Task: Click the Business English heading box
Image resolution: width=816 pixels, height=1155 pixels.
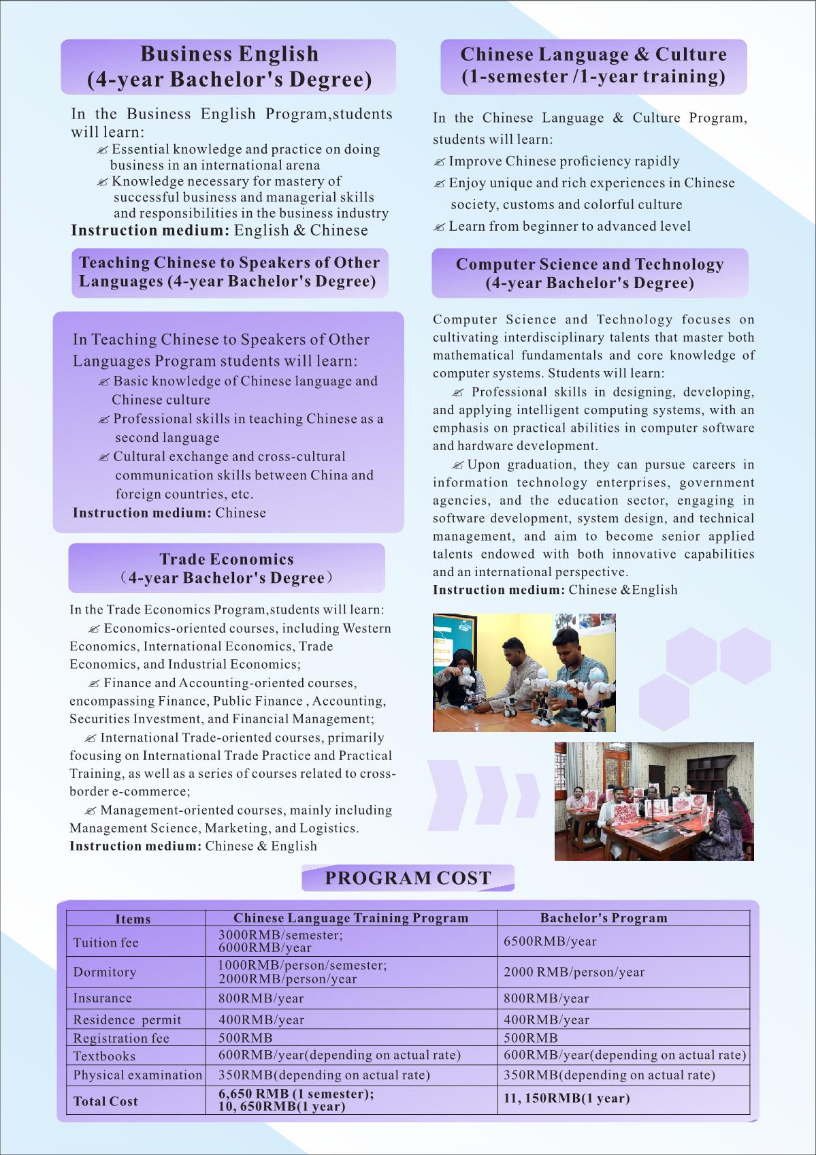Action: point(229,67)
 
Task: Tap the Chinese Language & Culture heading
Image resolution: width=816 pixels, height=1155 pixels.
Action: point(593,65)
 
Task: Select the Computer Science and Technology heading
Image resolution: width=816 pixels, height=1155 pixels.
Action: point(589,273)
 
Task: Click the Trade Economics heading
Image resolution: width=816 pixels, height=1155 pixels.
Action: point(227,568)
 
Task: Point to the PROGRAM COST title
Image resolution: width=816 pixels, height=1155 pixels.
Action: point(408,878)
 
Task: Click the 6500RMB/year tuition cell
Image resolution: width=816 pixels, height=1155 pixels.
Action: point(550,941)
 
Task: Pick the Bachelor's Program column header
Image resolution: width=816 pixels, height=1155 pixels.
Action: point(604,917)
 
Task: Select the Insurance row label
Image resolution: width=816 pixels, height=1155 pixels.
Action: point(103,998)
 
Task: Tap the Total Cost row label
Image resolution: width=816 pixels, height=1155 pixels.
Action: point(105,1101)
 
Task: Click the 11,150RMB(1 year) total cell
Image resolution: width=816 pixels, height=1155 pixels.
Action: point(567,1098)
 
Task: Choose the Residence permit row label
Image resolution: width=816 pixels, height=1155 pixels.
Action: point(127,1019)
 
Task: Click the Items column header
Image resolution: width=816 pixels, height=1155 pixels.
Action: point(133,919)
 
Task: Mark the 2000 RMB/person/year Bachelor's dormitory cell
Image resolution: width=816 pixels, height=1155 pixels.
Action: point(574,972)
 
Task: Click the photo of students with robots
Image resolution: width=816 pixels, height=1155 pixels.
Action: point(524,672)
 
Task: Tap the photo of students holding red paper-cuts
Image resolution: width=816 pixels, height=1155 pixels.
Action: point(654,801)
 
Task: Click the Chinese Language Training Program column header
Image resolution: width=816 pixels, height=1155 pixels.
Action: point(350,917)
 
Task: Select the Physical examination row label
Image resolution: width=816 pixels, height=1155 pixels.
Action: point(137,1075)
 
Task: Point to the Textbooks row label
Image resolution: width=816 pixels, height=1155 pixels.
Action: point(104,1056)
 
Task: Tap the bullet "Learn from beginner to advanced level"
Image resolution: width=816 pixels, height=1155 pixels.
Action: point(569,226)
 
